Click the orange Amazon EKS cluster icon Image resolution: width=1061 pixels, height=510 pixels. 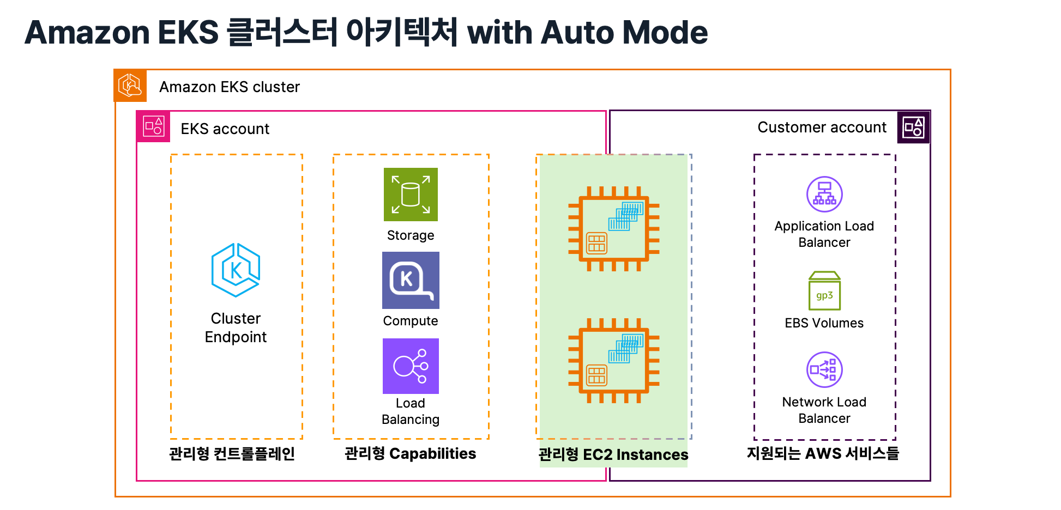click(130, 86)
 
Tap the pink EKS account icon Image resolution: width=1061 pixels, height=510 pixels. click(153, 126)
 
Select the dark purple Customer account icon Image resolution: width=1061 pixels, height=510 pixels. click(914, 127)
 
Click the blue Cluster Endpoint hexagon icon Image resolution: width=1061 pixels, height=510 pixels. click(236, 270)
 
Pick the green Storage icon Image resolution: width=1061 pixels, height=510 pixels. click(411, 195)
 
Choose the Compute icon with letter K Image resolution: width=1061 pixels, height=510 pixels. click(411, 281)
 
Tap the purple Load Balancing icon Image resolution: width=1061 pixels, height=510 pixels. click(411, 366)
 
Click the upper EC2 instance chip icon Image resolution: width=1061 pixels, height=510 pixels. click(614, 229)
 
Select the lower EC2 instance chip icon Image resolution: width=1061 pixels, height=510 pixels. click(614, 361)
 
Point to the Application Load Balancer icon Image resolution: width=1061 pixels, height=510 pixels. click(824, 194)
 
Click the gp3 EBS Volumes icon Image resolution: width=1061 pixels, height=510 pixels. click(824, 291)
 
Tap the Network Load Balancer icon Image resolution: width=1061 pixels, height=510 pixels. click(824, 369)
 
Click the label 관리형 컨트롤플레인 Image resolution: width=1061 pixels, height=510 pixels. click(232, 453)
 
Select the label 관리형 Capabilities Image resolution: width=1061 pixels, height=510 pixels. click(411, 453)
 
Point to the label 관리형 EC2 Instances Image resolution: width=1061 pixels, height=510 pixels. click(613, 454)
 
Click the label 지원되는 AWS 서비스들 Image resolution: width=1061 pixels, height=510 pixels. click(823, 453)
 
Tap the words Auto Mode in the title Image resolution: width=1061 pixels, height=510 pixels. click(625, 32)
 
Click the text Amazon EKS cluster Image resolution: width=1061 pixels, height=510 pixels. click(230, 87)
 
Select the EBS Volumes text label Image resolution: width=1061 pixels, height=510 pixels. click(824, 323)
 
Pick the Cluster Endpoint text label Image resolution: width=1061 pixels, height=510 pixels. click(236, 327)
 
